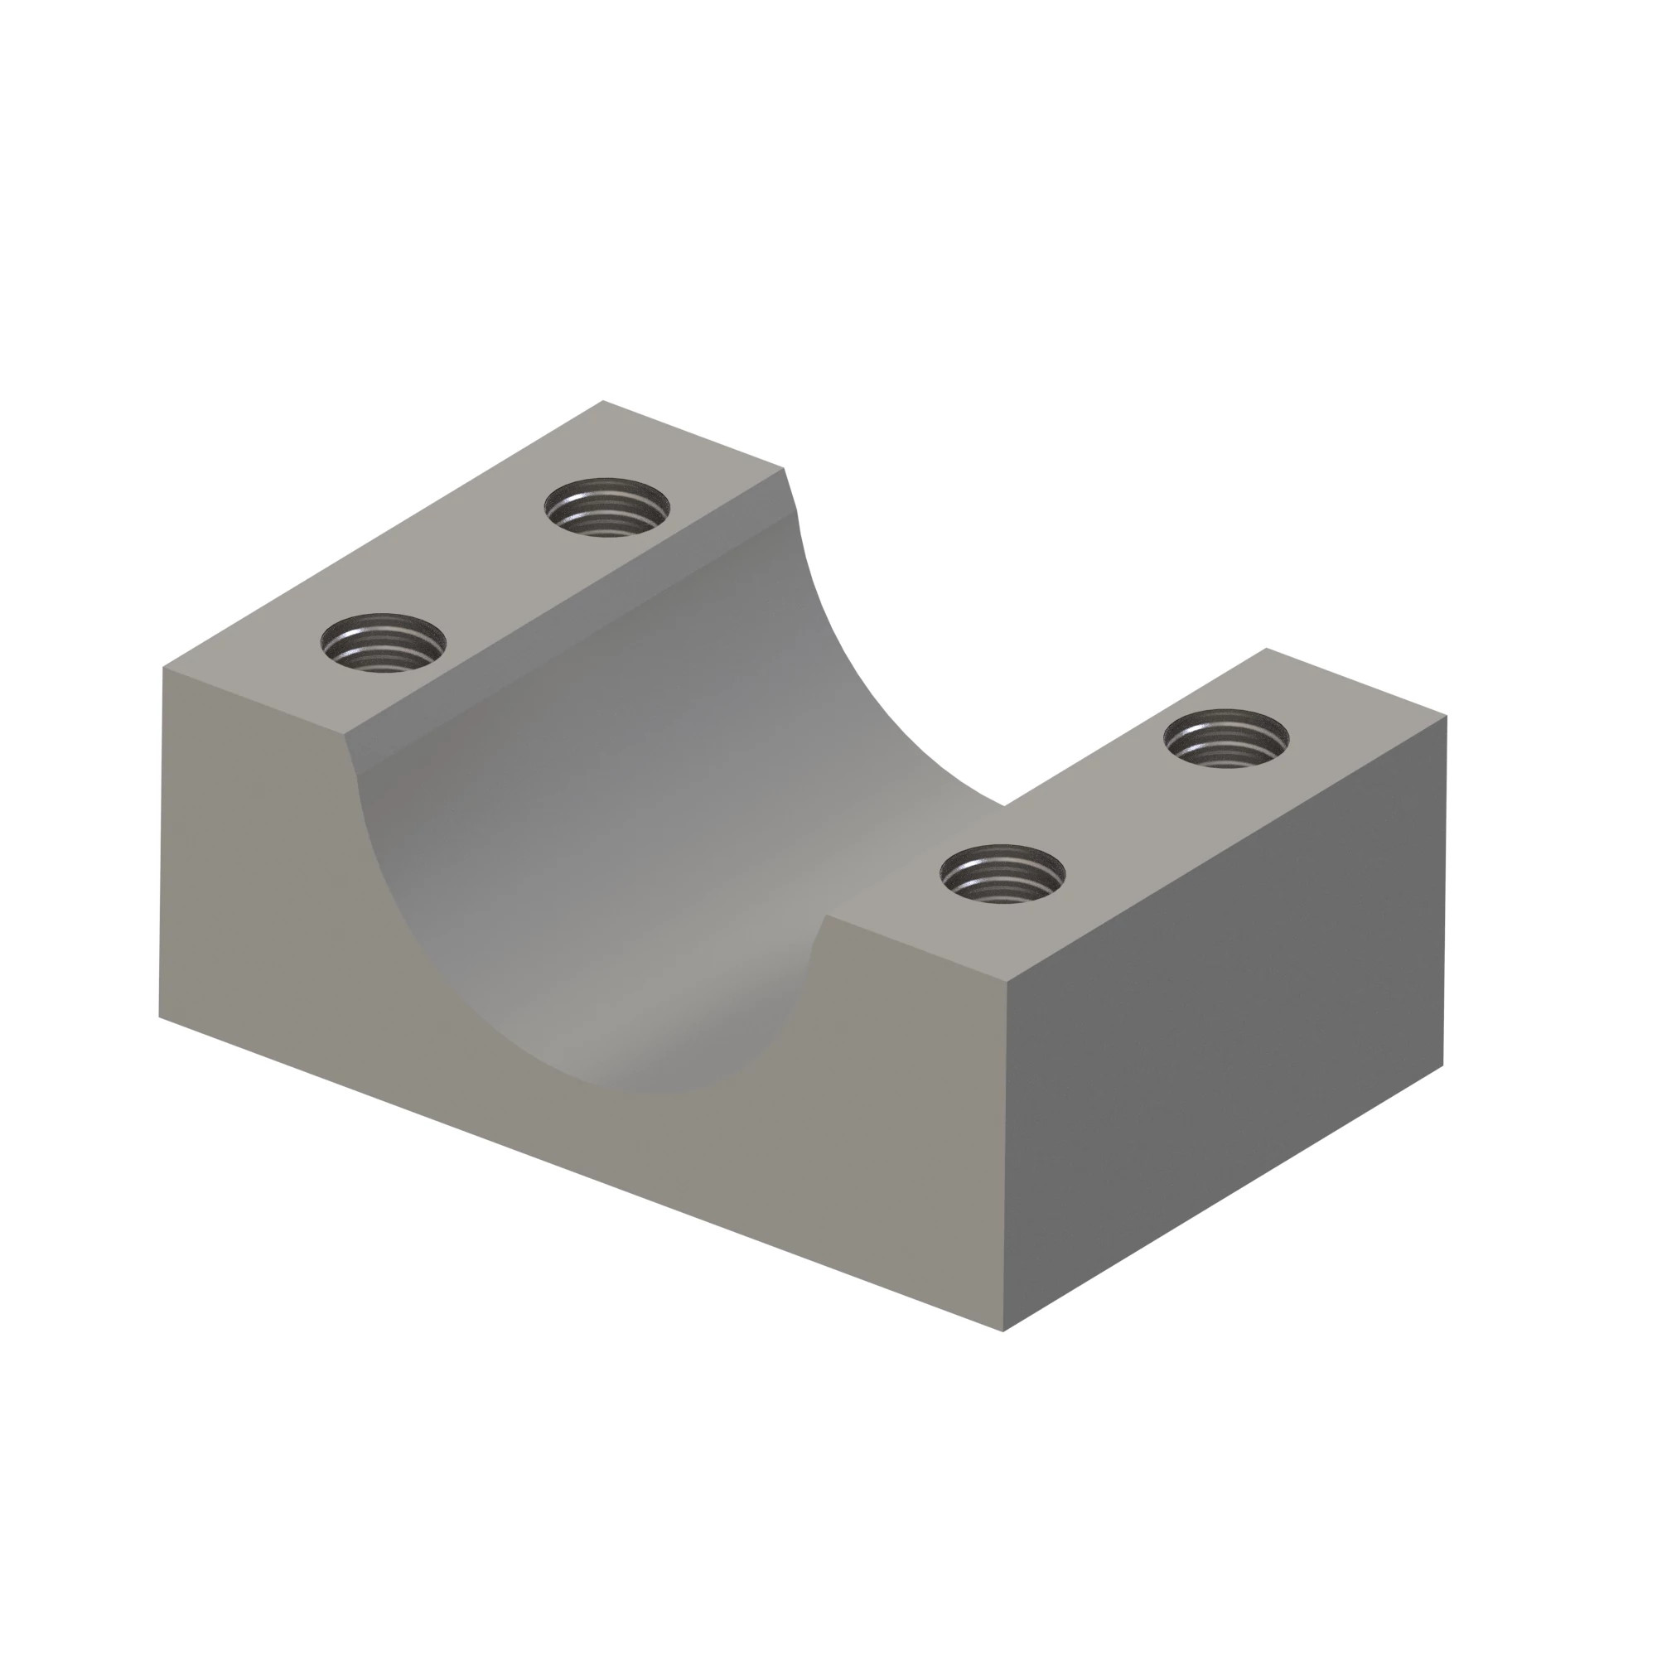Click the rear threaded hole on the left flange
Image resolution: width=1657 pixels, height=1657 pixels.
click(607, 507)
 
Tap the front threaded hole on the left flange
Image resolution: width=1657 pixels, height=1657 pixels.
click(384, 642)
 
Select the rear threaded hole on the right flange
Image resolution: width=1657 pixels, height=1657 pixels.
click(1226, 738)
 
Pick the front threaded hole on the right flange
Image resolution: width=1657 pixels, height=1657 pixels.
click(1002, 874)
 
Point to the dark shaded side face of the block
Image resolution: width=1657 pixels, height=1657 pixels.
click(1226, 1021)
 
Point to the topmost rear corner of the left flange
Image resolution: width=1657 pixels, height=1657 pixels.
click(603, 400)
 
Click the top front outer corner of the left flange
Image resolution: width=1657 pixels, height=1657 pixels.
click(163, 667)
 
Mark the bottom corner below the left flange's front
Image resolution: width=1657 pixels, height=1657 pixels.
click(160, 1018)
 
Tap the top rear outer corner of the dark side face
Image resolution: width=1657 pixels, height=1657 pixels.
click(1447, 714)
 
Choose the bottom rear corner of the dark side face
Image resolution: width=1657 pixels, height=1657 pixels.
click(1443, 1066)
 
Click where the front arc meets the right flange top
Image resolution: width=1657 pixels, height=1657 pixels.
click(825, 916)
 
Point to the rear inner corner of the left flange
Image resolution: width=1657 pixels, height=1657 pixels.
click(784, 468)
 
